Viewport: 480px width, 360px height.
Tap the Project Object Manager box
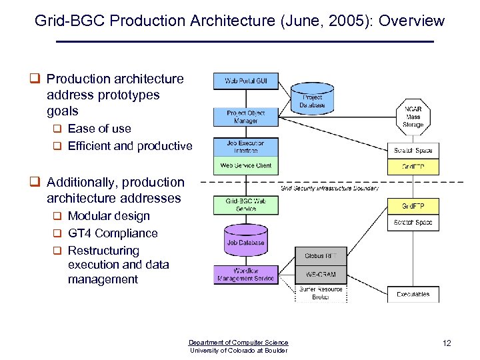245,117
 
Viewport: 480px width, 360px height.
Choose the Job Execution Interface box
245,147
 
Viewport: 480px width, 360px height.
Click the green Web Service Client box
245,165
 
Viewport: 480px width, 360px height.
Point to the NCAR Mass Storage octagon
413,117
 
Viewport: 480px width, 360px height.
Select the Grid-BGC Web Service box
245,205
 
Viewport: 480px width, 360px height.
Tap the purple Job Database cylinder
245,241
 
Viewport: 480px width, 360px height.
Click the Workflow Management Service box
245,274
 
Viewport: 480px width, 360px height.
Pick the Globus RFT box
321,256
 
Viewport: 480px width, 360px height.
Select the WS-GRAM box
321,274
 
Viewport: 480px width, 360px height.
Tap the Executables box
413,294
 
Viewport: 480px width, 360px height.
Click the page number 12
447,343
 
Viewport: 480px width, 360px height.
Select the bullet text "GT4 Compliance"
113,233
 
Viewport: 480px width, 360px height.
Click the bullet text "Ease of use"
99,129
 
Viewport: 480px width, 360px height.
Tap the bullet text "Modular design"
109,216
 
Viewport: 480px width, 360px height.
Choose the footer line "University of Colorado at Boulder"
239,351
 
